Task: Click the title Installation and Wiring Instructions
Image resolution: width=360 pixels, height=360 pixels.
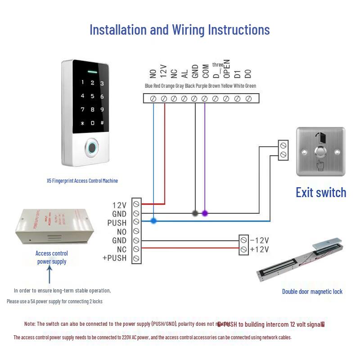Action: tap(180, 30)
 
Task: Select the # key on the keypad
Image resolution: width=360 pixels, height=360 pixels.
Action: tap(102, 123)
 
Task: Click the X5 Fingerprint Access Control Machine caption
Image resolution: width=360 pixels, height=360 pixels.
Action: tap(82, 181)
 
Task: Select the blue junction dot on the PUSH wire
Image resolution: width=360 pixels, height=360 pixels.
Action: tap(153, 221)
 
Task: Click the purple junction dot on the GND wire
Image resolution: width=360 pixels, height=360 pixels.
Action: tap(205, 213)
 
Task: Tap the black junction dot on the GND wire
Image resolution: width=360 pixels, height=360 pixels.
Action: tap(195, 213)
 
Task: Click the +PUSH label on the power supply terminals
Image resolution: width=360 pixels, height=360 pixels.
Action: tap(115, 258)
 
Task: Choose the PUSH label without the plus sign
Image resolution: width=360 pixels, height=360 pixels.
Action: tap(117, 223)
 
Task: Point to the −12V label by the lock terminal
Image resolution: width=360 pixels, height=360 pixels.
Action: tap(259, 240)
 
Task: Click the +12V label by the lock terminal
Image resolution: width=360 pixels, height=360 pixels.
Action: tap(259, 249)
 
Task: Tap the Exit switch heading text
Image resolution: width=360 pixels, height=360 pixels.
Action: tap(321, 193)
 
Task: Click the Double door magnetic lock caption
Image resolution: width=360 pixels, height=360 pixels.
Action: tap(312, 292)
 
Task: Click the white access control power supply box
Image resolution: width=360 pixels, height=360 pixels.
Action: tap(54, 227)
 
